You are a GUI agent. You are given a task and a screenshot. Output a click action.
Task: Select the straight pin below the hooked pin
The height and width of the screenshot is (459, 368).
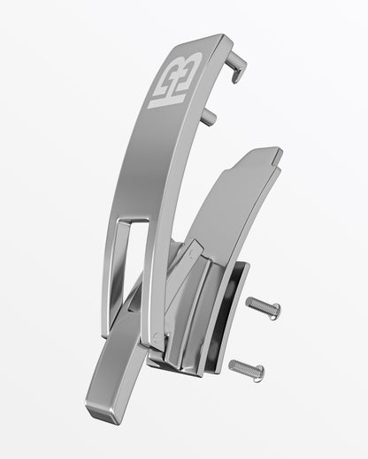tap(208, 116)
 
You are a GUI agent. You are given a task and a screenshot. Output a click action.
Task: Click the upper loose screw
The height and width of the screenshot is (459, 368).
tap(262, 307)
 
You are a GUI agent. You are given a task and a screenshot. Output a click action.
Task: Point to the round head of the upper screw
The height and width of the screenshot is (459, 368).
tap(274, 312)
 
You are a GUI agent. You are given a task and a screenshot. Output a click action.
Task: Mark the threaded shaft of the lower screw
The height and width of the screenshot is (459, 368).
tap(239, 366)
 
